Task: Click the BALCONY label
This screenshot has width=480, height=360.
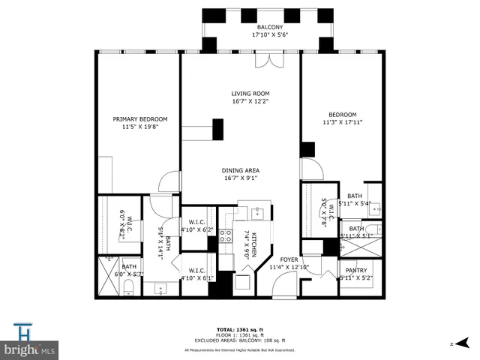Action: tap(270, 26)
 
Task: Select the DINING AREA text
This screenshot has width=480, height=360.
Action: tap(240, 170)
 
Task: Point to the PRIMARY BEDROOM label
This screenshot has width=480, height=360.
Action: tap(140, 119)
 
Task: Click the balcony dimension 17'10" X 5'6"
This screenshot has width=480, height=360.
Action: tap(270, 34)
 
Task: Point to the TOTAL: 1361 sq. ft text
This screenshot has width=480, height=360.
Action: tap(239, 329)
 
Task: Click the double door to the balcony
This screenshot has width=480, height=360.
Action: tap(263, 59)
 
